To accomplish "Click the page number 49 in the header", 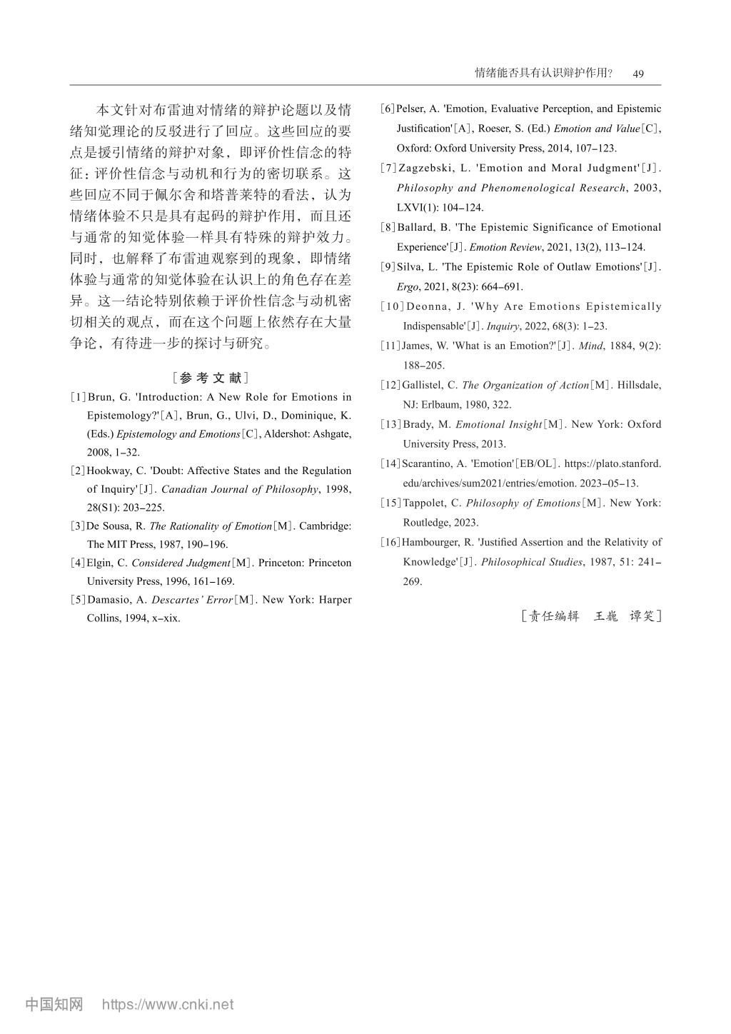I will tap(638, 74).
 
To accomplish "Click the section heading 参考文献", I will tap(210, 378).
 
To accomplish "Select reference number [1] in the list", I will tap(78, 397).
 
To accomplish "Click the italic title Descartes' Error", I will tap(192, 600).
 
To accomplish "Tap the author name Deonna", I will tap(428, 307).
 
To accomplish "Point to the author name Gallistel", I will tap(423, 386).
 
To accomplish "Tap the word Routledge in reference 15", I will tap(426, 523).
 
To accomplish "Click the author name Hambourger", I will tap(433, 543).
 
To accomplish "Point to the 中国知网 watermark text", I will tap(54, 1005).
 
